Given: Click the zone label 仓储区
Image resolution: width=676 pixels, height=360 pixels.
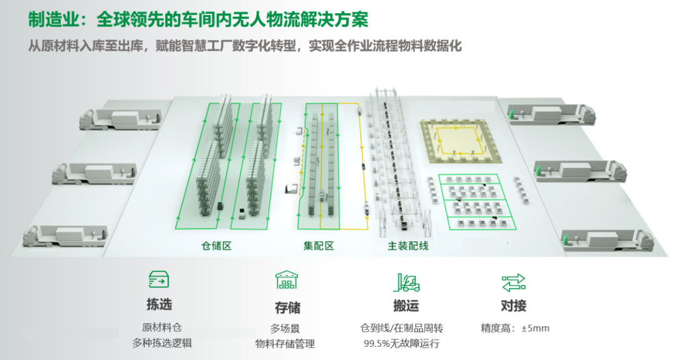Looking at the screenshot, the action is pos(217,246).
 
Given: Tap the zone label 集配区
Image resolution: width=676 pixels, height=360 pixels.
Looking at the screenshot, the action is pos(319,246).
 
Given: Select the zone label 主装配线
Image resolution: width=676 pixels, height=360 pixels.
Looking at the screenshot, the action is pos(408,246).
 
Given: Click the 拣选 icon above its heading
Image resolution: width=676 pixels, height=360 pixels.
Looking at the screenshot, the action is pos(158,280).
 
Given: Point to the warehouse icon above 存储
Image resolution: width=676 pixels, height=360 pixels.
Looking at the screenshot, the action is pos(287,280).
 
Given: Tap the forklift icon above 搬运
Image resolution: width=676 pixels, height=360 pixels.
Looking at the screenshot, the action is pos(406,282).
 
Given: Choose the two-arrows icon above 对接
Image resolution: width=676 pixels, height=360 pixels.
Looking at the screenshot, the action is pos(513,283).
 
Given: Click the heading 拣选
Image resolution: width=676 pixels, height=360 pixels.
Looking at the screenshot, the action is pos(159,304).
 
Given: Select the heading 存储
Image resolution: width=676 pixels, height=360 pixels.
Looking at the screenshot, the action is pos(287,308).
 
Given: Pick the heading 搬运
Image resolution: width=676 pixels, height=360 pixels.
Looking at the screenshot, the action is pos(406,306).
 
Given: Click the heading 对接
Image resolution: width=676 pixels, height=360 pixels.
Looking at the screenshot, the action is pos(513,306).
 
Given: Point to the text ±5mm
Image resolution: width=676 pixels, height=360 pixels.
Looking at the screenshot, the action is pos(535,329).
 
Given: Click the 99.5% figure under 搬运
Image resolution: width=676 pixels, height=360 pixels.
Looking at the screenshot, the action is pos(376,344).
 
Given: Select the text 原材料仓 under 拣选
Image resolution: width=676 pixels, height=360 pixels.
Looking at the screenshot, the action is pos(161,327).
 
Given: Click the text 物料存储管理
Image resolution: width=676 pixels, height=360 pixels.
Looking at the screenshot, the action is pos(285,344).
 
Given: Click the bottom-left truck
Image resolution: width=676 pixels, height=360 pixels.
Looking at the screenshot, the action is pos(65,236).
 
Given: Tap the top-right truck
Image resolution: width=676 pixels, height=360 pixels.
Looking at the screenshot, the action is pos(551,114).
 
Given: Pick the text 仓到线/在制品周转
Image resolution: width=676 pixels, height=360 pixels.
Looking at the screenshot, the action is pos(402,329).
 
